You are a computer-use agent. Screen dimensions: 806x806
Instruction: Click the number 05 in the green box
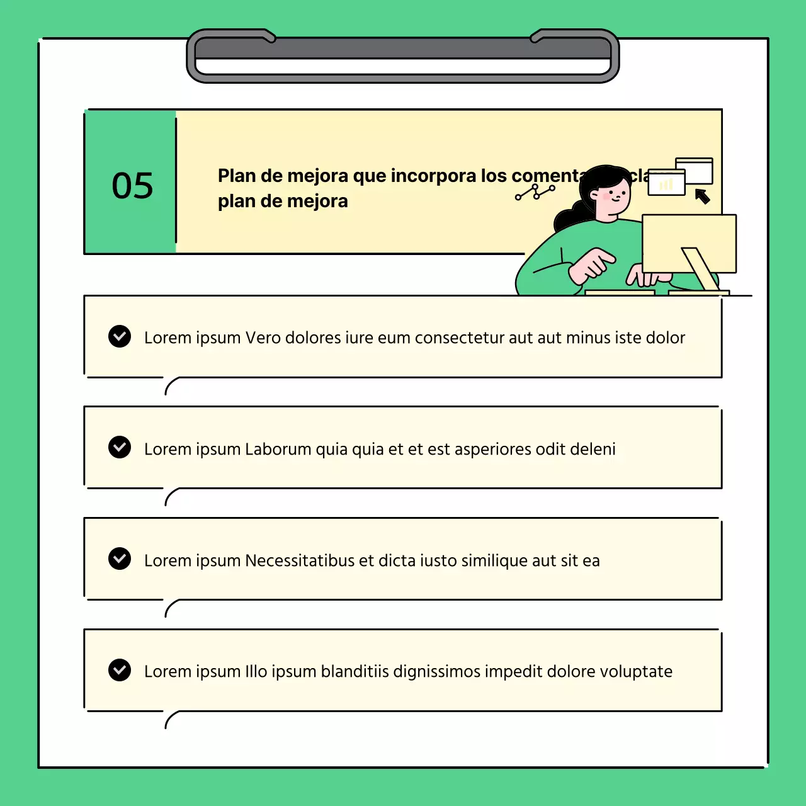pyautogui.click(x=132, y=186)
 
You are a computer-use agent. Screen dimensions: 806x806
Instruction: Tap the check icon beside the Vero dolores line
pyautogui.click(x=120, y=336)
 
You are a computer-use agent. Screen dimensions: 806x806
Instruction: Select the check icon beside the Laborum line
pyautogui.click(x=120, y=447)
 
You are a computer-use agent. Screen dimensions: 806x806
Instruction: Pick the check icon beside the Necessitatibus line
pyautogui.click(x=120, y=559)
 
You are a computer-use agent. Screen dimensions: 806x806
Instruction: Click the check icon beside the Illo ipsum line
pyautogui.click(x=120, y=670)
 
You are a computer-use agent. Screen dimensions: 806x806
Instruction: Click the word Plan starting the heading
pyautogui.click(x=236, y=176)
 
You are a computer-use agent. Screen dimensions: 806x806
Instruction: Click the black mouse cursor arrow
pyautogui.click(x=703, y=197)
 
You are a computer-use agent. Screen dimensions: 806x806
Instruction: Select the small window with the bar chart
pyautogui.click(x=666, y=183)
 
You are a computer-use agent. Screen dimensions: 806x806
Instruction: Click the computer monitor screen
pyautogui.click(x=689, y=242)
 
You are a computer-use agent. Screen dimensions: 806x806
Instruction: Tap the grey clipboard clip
pyautogui.click(x=403, y=55)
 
